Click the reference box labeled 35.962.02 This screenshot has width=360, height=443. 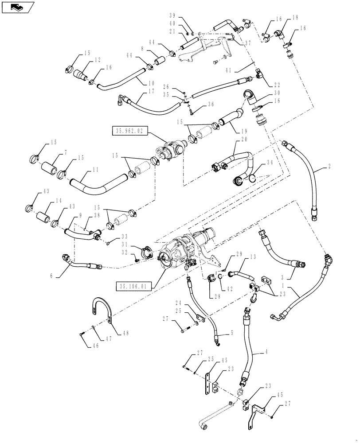[128, 131]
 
